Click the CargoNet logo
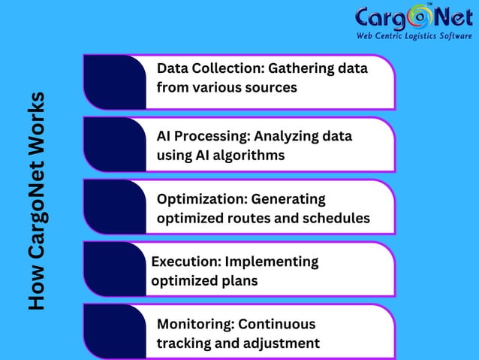pyautogui.click(x=414, y=17)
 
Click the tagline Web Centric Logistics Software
pyautogui.click(x=414, y=35)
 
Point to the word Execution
pyautogui.click(x=185, y=262)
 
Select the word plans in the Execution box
pyautogui.click(x=240, y=281)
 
